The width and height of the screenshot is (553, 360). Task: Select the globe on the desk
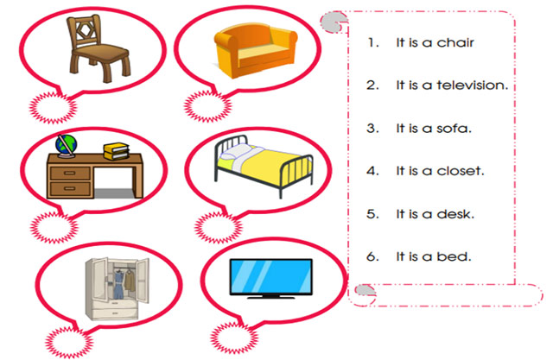pos(64,146)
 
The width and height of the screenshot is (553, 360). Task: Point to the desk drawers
pos(69,177)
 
